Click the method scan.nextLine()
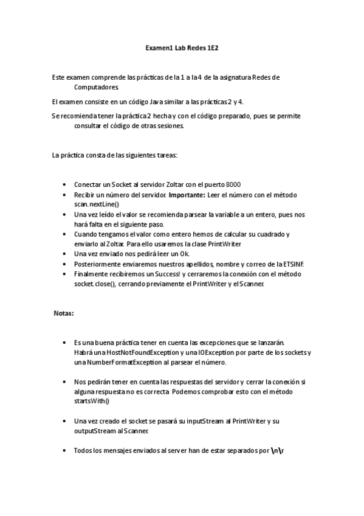[x=97, y=204]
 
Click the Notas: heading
[x=64, y=313]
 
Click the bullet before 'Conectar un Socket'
[x=64, y=185]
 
